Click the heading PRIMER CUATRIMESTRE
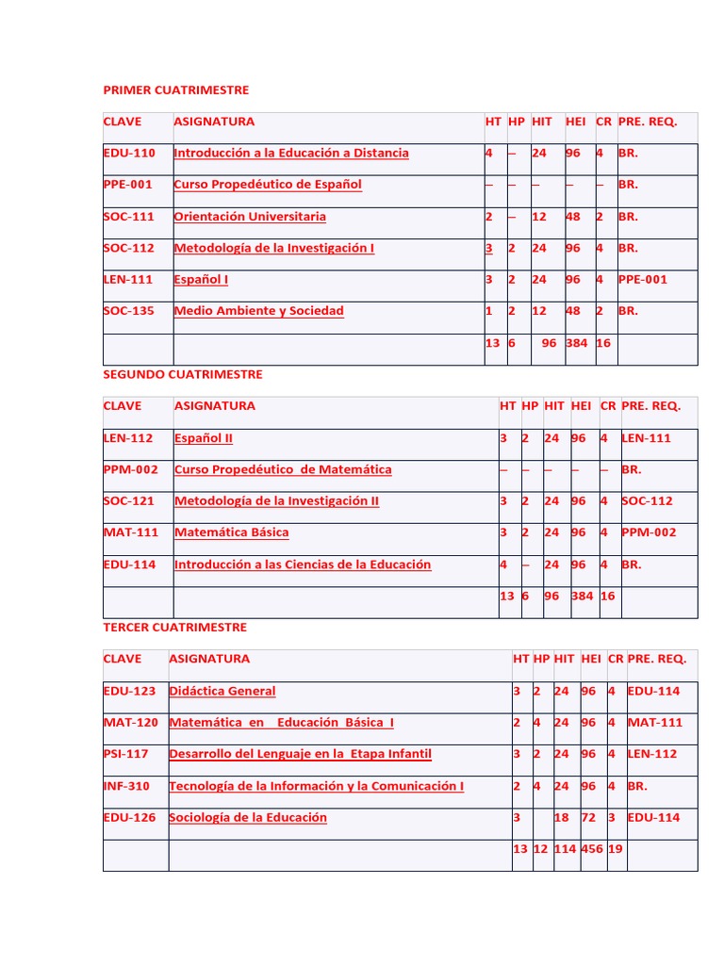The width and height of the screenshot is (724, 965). pyautogui.click(x=176, y=90)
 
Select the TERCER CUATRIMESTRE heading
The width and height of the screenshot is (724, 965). pyautogui.click(x=174, y=627)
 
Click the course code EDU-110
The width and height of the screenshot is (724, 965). pyautogui.click(x=129, y=153)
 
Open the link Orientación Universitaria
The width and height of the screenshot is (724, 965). pyautogui.click(x=250, y=216)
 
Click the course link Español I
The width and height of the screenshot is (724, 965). pyautogui.click(x=201, y=279)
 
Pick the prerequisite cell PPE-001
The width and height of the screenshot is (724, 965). pyautogui.click(x=642, y=279)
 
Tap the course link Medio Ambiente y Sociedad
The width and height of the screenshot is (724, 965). pyautogui.click(x=258, y=311)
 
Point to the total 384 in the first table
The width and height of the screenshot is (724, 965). pyautogui.click(x=576, y=343)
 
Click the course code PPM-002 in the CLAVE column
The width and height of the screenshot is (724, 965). pyautogui.click(x=130, y=469)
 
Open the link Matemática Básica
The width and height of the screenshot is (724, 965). pyautogui.click(x=231, y=532)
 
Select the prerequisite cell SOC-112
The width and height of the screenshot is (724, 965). pyautogui.click(x=647, y=500)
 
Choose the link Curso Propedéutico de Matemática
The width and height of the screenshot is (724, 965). pyautogui.click(x=283, y=469)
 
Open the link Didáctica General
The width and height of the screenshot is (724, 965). pyautogui.click(x=222, y=691)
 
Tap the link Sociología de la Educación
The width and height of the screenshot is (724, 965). pyautogui.click(x=248, y=817)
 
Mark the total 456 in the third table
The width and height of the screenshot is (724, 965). pyautogui.click(x=593, y=849)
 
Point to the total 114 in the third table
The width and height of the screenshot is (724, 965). pyautogui.click(x=565, y=849)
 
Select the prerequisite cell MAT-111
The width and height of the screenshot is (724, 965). pyautogui.click(x=653, y=723)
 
